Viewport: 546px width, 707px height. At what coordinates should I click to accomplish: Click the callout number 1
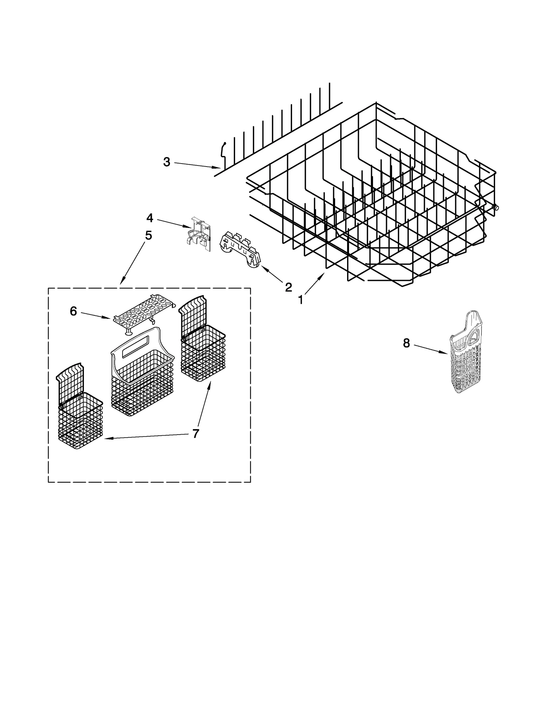coord(300,300)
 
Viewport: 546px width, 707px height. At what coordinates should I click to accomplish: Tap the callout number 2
coord(288,287)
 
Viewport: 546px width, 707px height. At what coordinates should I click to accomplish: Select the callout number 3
coord(167,162)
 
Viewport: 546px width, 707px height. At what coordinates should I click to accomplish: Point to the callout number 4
coord(150,217)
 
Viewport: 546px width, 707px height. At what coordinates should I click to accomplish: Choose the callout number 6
coord(73,311)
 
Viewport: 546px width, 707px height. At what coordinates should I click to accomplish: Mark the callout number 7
coord(195,434)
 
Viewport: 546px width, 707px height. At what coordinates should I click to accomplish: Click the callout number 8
coord(406,343)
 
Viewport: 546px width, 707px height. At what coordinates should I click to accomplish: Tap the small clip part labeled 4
coord(199,234)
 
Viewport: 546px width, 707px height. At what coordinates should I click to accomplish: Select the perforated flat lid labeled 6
coord(143,312)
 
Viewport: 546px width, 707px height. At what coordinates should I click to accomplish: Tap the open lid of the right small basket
coord(193,314)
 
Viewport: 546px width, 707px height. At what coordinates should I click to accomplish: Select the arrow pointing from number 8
coord(431,350)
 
